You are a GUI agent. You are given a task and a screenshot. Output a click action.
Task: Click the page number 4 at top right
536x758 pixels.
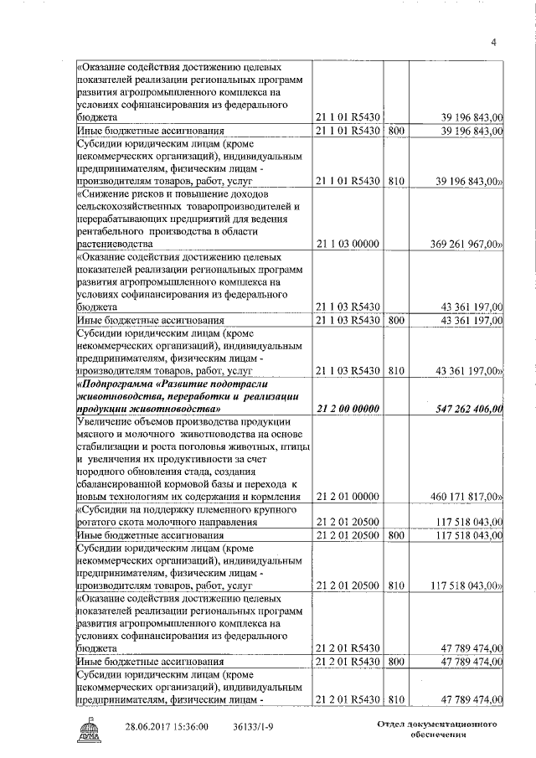coord(494,43)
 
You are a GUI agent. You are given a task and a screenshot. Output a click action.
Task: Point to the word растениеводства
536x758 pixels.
coord(117,243)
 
